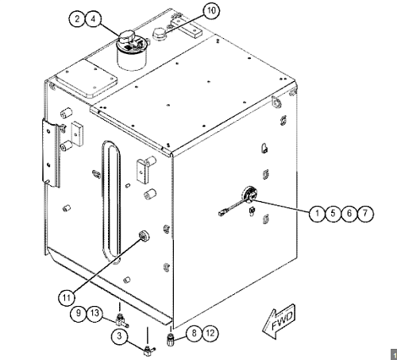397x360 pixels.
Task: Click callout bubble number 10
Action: coord(211,11)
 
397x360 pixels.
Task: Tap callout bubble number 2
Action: coord(77,19)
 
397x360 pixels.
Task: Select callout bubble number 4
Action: coord(94,19)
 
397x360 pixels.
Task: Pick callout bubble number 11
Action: coord(67,298)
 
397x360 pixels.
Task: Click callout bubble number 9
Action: coord(79,313)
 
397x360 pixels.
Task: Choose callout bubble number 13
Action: coord(94,313)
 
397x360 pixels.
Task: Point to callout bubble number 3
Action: coord(119,336)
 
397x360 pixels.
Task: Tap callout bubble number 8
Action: coord(195,333)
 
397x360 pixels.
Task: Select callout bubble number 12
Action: coord(210,333)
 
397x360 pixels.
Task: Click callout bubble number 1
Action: coord(317,213)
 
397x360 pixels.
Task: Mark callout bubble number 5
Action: coord(333,213)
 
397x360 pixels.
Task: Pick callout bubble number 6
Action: coord(349,213)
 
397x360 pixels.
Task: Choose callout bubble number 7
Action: coord(365,213)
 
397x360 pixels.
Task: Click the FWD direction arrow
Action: coord(279,321)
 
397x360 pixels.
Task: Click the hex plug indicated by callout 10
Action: coord(159,34)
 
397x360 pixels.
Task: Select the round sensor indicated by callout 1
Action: coord(249,195)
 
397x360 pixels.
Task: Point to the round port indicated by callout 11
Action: coord(144,235)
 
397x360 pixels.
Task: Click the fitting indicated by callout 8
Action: coord(171,340)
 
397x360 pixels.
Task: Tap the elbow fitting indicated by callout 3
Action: coord(149,350)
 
